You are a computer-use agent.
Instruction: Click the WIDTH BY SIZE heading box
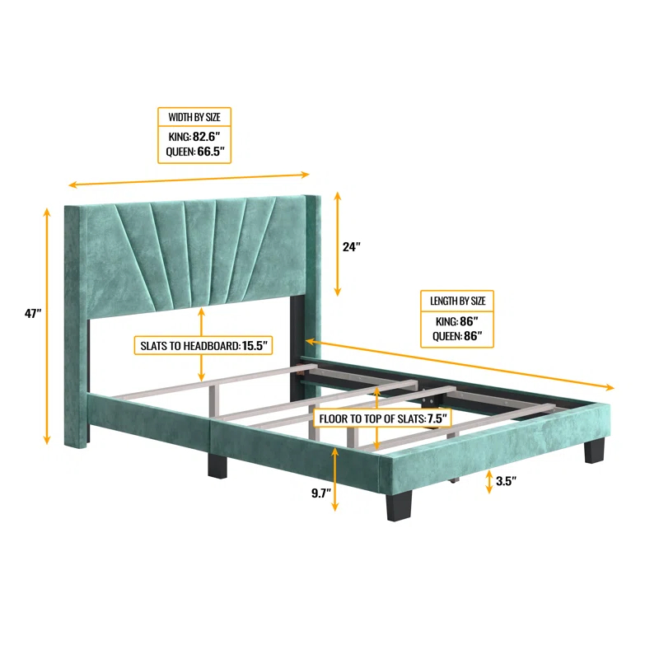tap(194, 117)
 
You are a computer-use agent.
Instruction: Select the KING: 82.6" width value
tap(194, 136)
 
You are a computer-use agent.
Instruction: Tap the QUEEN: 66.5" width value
tap(194, 152)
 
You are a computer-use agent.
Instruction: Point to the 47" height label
tap(32, 313)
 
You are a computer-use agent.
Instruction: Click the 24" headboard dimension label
tap(352, 246)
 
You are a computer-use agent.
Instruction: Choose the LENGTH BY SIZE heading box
tap(458, 301)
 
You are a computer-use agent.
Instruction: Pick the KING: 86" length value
tap(457, 320)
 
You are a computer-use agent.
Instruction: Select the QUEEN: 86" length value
tap(457, 337)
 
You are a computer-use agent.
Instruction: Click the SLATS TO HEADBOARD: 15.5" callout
tap(203, 345)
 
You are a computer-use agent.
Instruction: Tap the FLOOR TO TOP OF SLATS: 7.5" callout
tap(382, 418)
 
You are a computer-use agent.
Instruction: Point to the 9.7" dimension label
tap(320, 493)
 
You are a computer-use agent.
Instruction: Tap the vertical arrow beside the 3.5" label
tap(488, 480)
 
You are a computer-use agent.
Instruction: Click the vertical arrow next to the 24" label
tap(337, 245)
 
